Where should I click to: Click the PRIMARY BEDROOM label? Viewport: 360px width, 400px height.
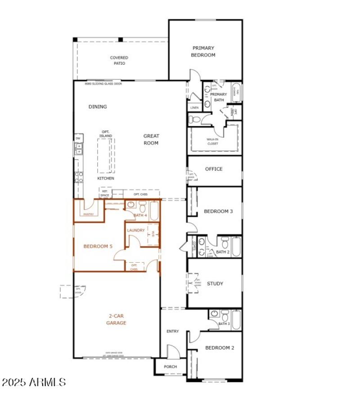pos(204,51)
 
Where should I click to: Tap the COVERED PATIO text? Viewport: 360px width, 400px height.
pos(119,60)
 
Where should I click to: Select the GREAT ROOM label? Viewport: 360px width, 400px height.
pos(151,139)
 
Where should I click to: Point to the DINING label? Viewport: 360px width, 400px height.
pos(98,107)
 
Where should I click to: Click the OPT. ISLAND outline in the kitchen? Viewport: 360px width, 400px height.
pos(106,155)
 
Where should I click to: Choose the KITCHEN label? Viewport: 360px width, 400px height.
pos(106,179)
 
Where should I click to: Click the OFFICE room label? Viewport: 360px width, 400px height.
pos(214,169)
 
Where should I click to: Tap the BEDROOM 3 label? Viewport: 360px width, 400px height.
pos(218,211)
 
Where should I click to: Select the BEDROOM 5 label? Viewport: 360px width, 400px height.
pos(98,246)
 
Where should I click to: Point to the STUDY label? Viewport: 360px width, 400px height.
pos(215,283)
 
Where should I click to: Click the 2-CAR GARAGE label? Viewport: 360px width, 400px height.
pos(116,319)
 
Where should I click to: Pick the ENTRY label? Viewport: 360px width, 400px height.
pos(173,331)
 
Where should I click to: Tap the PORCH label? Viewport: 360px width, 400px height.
pos(170,367)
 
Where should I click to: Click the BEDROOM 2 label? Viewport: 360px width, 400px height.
pos(220,348)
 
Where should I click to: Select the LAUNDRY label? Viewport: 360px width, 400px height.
pos(136,230)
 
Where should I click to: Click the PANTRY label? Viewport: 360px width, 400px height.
pos(88,215)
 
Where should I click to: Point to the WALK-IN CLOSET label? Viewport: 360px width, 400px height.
pos(212,141)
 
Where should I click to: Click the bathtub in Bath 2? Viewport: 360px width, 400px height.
pos(236,246)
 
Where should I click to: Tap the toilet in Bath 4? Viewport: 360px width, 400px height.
pos(142,207)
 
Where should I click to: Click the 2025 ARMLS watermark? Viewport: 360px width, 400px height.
pos(34,382)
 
